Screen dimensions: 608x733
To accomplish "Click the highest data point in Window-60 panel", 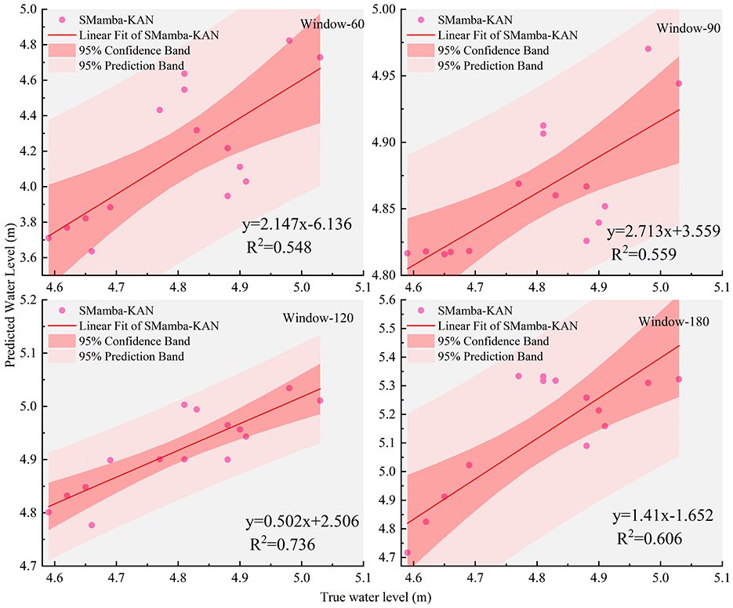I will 289,40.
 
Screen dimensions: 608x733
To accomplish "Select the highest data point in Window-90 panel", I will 648,49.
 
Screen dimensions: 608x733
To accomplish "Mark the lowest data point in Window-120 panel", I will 92,525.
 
